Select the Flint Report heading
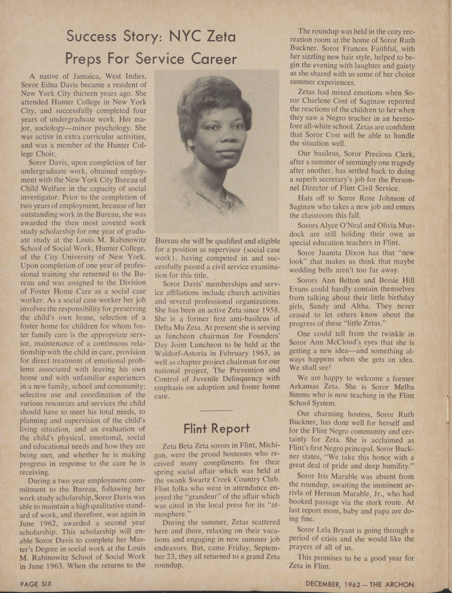pyautogui.click(x=217, y=428)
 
